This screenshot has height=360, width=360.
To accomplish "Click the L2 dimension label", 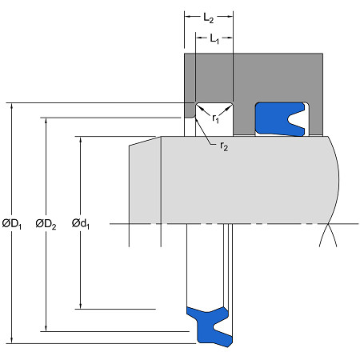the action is click(209, 18).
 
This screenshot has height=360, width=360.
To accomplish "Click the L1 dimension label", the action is click(214, 38).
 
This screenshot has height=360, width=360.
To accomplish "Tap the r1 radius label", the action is click(215, 118).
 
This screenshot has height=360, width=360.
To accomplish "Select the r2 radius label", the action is click(224, 146).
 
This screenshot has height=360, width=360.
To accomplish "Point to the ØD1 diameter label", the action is click(12, 224).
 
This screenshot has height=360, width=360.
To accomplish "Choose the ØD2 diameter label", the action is click(46, 224).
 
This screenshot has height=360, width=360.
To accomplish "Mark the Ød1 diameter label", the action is click(81, 223).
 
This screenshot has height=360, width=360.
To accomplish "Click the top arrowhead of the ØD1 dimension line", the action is click(12, 106).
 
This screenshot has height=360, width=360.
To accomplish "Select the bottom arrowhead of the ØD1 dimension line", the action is click(12, 340).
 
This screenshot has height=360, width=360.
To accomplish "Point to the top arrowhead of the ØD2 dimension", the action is click(46, 121).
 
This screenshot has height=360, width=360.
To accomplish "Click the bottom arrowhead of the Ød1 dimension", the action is click(81, 306).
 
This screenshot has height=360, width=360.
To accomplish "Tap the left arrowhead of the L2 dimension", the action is click(188, 17).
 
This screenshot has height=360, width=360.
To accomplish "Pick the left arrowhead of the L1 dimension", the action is click(199, 38).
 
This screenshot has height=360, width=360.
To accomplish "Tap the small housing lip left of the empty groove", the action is click(190, 110).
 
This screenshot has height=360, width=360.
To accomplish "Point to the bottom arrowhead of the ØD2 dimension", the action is click(46, 328).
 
